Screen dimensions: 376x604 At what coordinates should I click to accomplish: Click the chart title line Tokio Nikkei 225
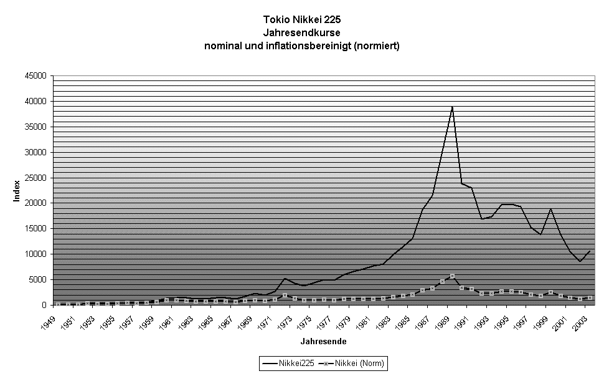(x=302, y=20)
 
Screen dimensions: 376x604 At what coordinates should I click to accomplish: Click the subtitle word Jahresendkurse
(x=302, y=32)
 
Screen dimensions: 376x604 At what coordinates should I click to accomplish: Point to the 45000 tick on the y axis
(x=37, y=76)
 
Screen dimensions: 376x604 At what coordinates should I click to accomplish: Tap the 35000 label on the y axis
(x=37, y=127)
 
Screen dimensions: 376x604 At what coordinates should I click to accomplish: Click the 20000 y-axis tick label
(x=37, y=203)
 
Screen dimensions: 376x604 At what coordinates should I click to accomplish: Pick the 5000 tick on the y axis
(x=39, y=280)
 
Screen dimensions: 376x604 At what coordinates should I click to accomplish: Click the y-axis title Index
(x=17, y=191)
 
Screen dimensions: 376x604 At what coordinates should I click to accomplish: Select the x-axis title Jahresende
(x=323, y=342)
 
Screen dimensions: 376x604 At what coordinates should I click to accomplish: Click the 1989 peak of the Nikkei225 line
(x=452, y=107)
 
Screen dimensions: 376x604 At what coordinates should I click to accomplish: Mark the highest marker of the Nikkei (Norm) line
(x=452, y=276)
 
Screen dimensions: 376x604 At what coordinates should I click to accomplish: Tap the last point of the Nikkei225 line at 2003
(x=590, y=251)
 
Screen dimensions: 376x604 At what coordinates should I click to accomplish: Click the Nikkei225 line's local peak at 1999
(x=550, y=209)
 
